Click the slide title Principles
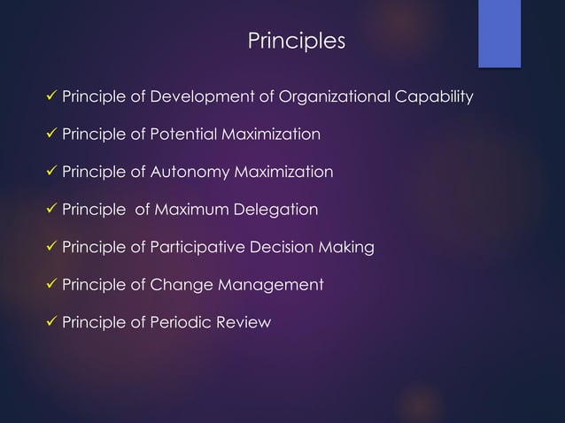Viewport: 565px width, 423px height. pos(296,41)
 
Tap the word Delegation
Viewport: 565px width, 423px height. pos(276,210)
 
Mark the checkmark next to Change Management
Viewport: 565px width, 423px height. pos(50,285)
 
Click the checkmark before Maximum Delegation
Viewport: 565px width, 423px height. pos(50,210)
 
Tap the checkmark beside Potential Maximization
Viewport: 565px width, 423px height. pos(50,135)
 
